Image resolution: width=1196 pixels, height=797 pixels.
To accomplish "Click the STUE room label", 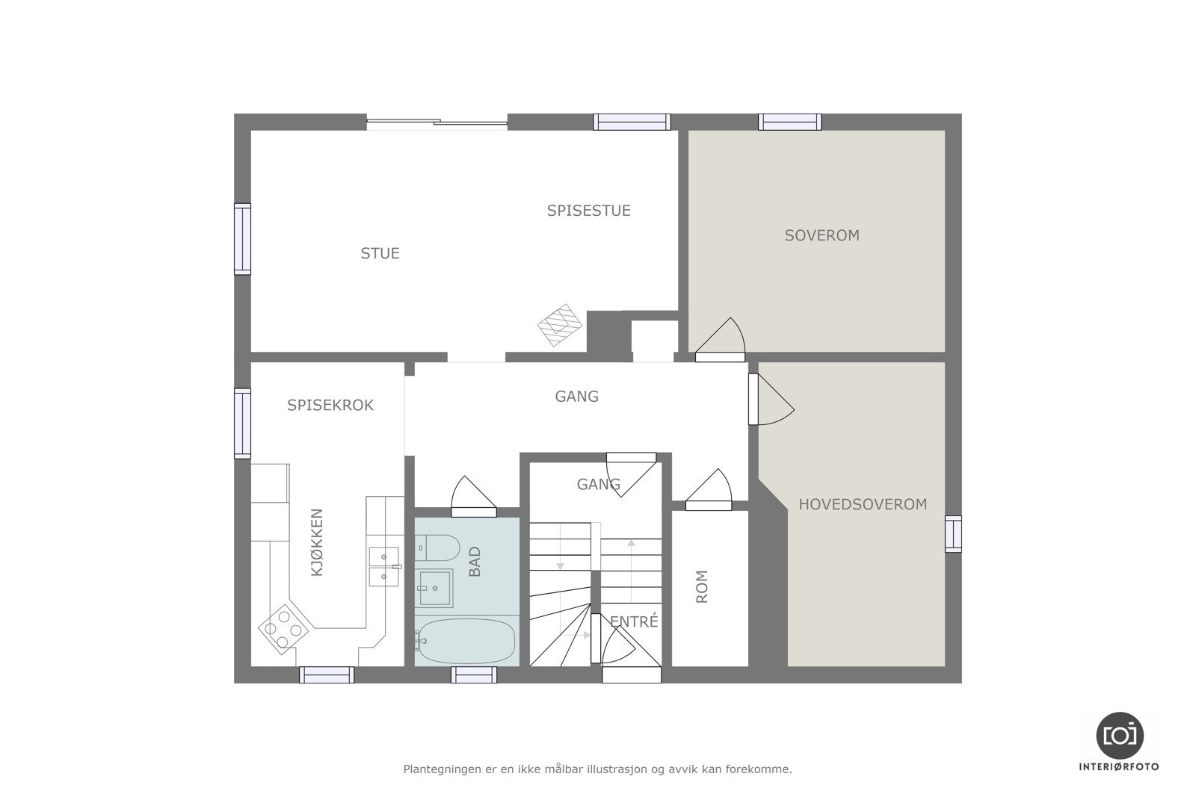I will tap(380, 253).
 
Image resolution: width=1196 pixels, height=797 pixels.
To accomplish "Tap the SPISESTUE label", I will tap(588, 211).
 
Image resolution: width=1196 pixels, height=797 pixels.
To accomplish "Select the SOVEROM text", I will tap(822, 235).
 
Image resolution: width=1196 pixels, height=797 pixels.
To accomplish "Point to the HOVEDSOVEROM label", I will tap(863, 504).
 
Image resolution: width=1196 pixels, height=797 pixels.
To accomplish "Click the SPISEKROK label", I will tap(330, 405).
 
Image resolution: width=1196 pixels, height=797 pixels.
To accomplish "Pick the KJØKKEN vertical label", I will tap(317, 542).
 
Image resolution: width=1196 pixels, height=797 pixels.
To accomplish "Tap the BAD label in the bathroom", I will tap(475, 562).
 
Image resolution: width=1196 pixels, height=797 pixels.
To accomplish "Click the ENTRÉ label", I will tap(634, 621).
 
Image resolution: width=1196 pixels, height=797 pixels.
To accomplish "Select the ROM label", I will tap(701, 586).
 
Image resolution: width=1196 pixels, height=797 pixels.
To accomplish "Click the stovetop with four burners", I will tap(284, 629).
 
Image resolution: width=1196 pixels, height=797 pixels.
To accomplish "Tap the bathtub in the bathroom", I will tap(467, 640).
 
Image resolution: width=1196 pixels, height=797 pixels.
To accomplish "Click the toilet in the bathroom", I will tap(437, 548).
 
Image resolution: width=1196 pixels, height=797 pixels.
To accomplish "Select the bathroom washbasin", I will tap(434, 588).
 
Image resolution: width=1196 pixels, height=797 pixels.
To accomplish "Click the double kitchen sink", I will tap(384, 566).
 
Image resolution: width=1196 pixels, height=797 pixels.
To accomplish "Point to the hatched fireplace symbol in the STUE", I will tap(560, 325).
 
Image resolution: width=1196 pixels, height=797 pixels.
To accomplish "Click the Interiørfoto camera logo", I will tap(1120, 735).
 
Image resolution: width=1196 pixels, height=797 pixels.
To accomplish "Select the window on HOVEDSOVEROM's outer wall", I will tap(953, 534).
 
